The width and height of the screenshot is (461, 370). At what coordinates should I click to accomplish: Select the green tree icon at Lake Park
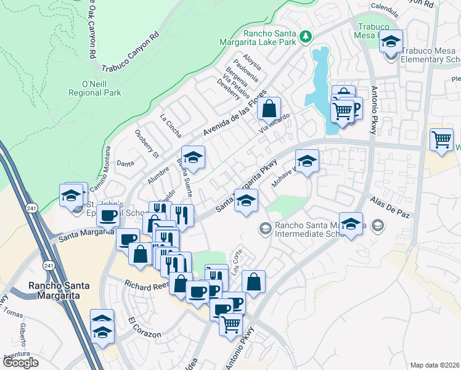point(304,38)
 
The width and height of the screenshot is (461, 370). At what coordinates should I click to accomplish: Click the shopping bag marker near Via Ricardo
point(269,109)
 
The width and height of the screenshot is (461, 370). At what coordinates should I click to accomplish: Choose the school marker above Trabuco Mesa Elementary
point(391,42)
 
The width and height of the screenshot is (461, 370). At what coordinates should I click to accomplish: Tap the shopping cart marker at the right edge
point(441,139)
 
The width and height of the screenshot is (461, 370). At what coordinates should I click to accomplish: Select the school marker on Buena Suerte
point(193,158)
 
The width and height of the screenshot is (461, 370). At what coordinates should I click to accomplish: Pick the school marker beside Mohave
point(307,161)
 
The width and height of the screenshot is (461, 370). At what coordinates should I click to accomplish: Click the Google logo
point(20,363)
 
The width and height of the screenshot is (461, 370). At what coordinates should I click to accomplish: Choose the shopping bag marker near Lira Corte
point(253,282)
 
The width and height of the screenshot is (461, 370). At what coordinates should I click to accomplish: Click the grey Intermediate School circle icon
point(265,229)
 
